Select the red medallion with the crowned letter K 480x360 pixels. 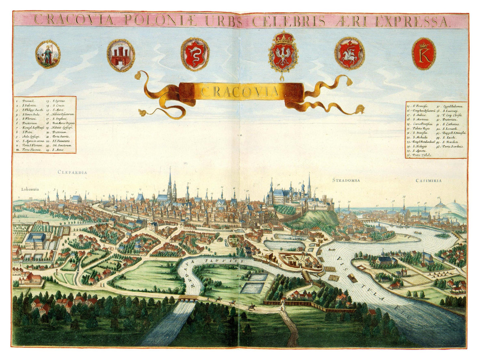[x=424, y=54]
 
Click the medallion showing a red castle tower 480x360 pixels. [x=121, y=55]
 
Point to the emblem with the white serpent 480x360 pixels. [x=195, y=53]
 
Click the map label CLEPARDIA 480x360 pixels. [x=72, y=172]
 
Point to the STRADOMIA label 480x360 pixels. [x=346, y=180]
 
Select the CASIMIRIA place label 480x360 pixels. [x=428, y=181]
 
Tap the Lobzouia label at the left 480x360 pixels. [x=30, y=189]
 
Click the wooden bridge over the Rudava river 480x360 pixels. [x=187, y=299]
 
